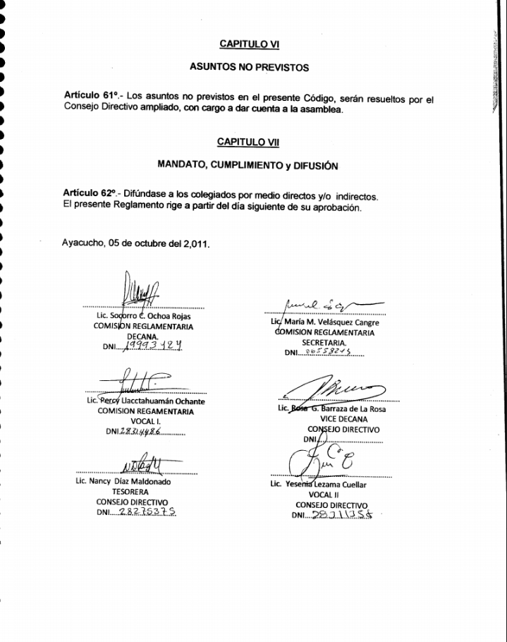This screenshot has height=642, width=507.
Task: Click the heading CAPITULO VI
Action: click(x=250, y=44)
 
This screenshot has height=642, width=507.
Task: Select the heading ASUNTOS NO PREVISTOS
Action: click(x=250, y=68)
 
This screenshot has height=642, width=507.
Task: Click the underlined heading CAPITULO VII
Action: click(x=249, y=142)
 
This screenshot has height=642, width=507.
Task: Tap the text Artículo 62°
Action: click(x=90, y=194)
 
